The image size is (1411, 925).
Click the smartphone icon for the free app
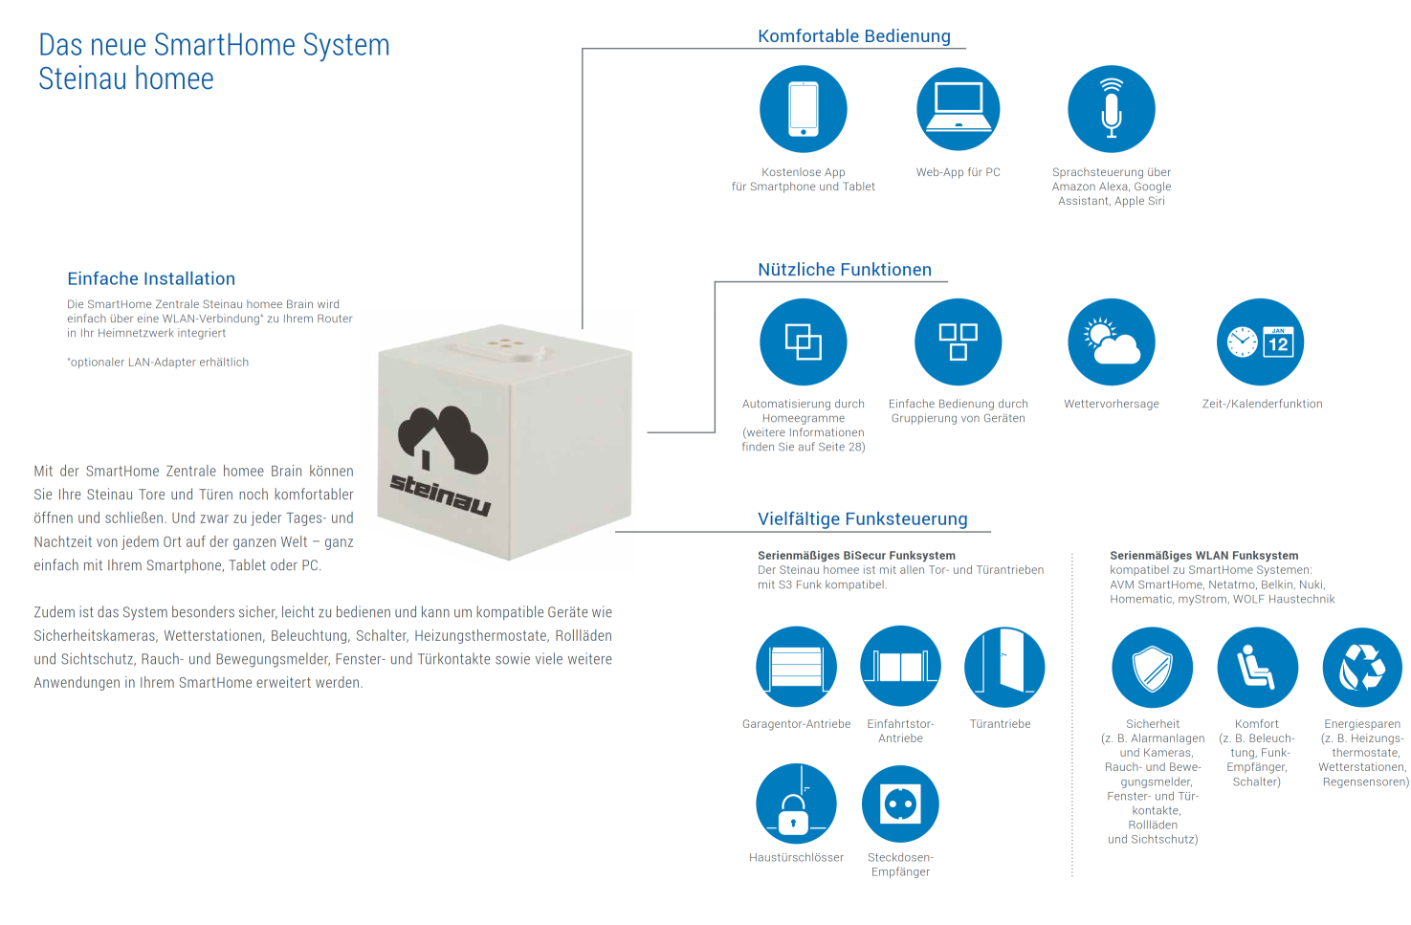click(x=804, y=109)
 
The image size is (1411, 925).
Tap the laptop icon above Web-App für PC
click(x=959, y=109)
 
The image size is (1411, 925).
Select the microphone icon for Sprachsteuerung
click(x=1112, y=109)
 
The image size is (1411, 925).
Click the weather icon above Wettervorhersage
click(x=1112, y=341)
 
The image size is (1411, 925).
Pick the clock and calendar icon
click(x=1260, y=341)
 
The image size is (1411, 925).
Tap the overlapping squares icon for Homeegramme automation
click(x=804, y=341)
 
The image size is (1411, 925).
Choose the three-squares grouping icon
click(x=959, y=341)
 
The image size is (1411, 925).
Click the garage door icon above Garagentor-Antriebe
click(x=796, y=667)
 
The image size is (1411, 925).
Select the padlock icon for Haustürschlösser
click(x=796, y=804)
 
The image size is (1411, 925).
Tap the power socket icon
click(x=900, y=804)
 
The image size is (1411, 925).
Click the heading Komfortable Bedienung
click(x=854, y=36)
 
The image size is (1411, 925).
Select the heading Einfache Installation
click(x=151, y=278)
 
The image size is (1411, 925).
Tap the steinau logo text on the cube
click(x=440, y=495)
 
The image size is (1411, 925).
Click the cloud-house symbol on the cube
click(x=444, y=439)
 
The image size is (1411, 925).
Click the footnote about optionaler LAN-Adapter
click(x=158, y=363)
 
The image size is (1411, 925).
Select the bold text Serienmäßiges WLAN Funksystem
click(x=1203, y=556)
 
